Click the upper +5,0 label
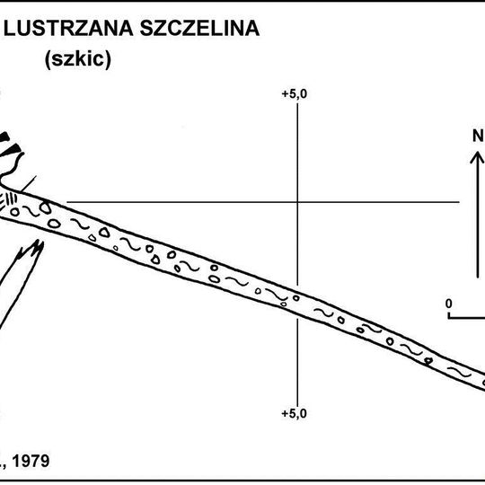point(295,93)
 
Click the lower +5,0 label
point(295,413)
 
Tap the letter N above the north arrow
point(478,137)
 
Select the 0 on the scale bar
point(449,303)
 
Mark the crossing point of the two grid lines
point(296,202)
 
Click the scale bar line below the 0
point(467,316)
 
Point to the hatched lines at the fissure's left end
point(11,199)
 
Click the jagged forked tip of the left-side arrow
point(33,248)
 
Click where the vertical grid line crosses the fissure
point(296,303)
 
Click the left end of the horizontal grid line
point(69,202)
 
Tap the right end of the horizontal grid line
point(460,202)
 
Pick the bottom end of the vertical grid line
point(296,404)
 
